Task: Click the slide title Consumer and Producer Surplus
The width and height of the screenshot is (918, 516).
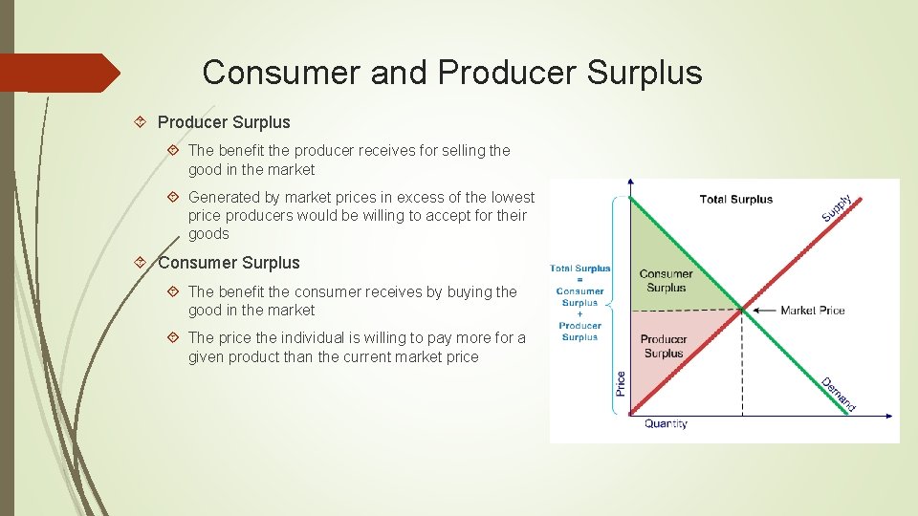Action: click(x=452, y=73)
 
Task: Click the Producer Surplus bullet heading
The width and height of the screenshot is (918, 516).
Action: click(x=223, y=122)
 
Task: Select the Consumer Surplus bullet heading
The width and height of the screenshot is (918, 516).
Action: click(x=229, y=263)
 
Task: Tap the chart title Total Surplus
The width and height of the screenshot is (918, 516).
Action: click(x=735, y=199)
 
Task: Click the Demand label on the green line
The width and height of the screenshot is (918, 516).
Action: click(x=839, y=394)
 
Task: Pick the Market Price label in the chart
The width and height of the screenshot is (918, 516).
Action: click(x=812, y=310)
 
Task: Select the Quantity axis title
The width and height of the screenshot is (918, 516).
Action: click(x=666, y=423)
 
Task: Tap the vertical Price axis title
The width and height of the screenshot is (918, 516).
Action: click(x=621, y=383)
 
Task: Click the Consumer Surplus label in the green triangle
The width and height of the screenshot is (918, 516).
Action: click(x=666, y=281)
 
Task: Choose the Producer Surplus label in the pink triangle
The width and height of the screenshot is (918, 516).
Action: click(x=664, y=346)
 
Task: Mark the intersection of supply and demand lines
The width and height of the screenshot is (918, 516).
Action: click(x=742, y=309)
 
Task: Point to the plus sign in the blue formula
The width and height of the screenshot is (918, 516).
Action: click(x=579, y=314)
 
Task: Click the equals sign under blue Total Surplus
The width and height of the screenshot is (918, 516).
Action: click(x=579, y=280)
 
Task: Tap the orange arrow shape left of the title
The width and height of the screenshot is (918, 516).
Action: click(x=59, y=74)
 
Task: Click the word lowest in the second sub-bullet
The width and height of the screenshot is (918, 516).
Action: click(x=513, y=197)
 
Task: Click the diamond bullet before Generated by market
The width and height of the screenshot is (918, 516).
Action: click(x=173, y=197)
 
